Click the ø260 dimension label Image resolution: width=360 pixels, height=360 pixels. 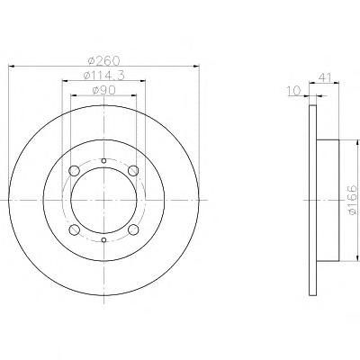click(x=104, y=61)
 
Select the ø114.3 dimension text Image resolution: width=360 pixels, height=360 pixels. click(x=103, y=76)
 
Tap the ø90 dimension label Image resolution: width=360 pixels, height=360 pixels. click(x=104, y=90)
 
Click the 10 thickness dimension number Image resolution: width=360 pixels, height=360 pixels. click(x=293, y=91)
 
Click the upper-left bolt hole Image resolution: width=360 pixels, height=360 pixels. click(x=74, y=171)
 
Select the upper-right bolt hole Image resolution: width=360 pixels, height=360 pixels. click(x=133, y=171)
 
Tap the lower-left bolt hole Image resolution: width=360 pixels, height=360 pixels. click(x=74, y=229)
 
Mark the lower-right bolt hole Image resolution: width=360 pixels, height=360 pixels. click(x=133, y=229)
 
